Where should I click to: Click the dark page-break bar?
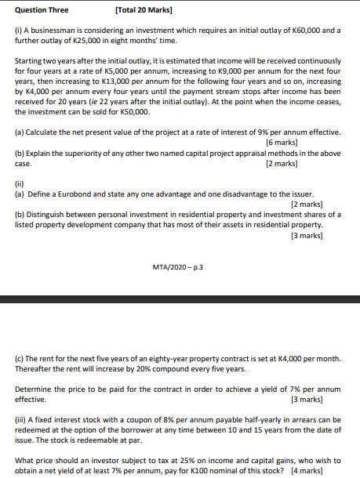(180, 299)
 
